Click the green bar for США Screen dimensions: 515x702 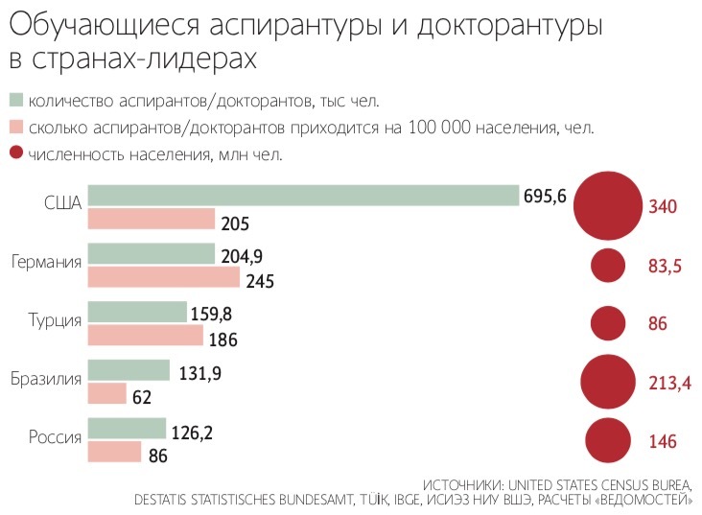coord(303,196)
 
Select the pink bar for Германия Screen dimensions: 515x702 coord(164,278)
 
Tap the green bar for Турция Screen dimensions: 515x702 coord(137,313)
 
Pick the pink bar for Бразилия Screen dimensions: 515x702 coord(107,394)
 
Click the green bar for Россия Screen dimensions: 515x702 coord(127,429)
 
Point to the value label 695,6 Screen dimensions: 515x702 coord(546,196)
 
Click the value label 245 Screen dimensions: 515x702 coord(261,282)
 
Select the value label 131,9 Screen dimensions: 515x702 coord(200,374)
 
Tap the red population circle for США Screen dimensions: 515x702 coord(606,206)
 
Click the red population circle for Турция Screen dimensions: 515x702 coord(607,323)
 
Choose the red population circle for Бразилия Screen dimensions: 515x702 coord(607,382)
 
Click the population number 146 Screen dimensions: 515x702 coord(663,442)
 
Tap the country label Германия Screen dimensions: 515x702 coord(46,262)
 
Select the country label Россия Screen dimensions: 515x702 coord(55,437)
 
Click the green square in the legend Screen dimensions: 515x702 coord(15,100)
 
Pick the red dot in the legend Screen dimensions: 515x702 coord(15,152)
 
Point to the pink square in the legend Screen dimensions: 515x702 coord(15,127)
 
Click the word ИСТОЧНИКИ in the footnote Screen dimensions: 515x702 coord(465,483)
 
